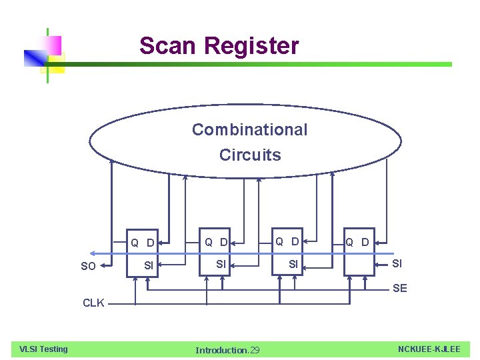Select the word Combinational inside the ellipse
click(x=250, y=129)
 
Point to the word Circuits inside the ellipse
click(x=250, y=155)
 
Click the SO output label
click(x=88, y=267)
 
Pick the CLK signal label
click(x=93, y=303)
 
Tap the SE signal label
click(x=400, y=288)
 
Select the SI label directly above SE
click(x=397, y=264)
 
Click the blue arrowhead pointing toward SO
click(x=95, y=254)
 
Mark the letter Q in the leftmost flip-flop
click(x=135, y=243)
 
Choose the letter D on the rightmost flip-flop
click(x=365, y=242)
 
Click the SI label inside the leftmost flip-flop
click(x=149, y=266)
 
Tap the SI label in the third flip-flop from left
click(x=293, y=265)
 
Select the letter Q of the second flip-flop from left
click(x=209, y=242)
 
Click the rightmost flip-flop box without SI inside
click(x=359, y=263)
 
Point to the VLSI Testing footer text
click(x=43, y=349)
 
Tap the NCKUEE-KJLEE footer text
click(x=429, y=349)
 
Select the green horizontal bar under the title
click(x=267, y=65)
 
